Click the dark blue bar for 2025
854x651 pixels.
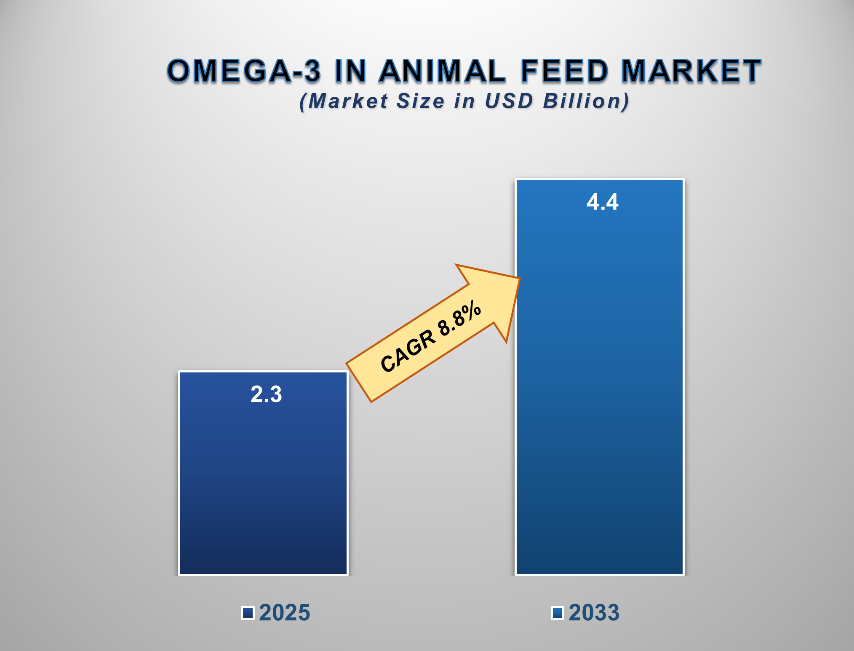coord(263,473)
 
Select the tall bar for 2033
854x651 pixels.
coord(600,377)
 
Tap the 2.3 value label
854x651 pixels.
coord(266,395)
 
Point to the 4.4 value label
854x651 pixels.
coord(603,202)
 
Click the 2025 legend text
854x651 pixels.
coord(285,613)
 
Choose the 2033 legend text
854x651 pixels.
coord(594,613)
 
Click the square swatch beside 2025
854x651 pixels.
coord(248,613)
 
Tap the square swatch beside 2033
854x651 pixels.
coord(558,613)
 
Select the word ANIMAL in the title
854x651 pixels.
coord(442,71)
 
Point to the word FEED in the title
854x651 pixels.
coord(565,71)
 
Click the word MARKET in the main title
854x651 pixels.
coord(691,71)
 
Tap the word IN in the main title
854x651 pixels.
coord(350,71)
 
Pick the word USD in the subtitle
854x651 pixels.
coord(509,101)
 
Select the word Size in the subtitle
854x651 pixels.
coord(420,101)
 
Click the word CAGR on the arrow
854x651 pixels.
coord(408,351)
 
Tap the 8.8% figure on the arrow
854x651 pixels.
coord(459,319)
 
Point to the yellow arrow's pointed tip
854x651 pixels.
coord(520,279)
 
